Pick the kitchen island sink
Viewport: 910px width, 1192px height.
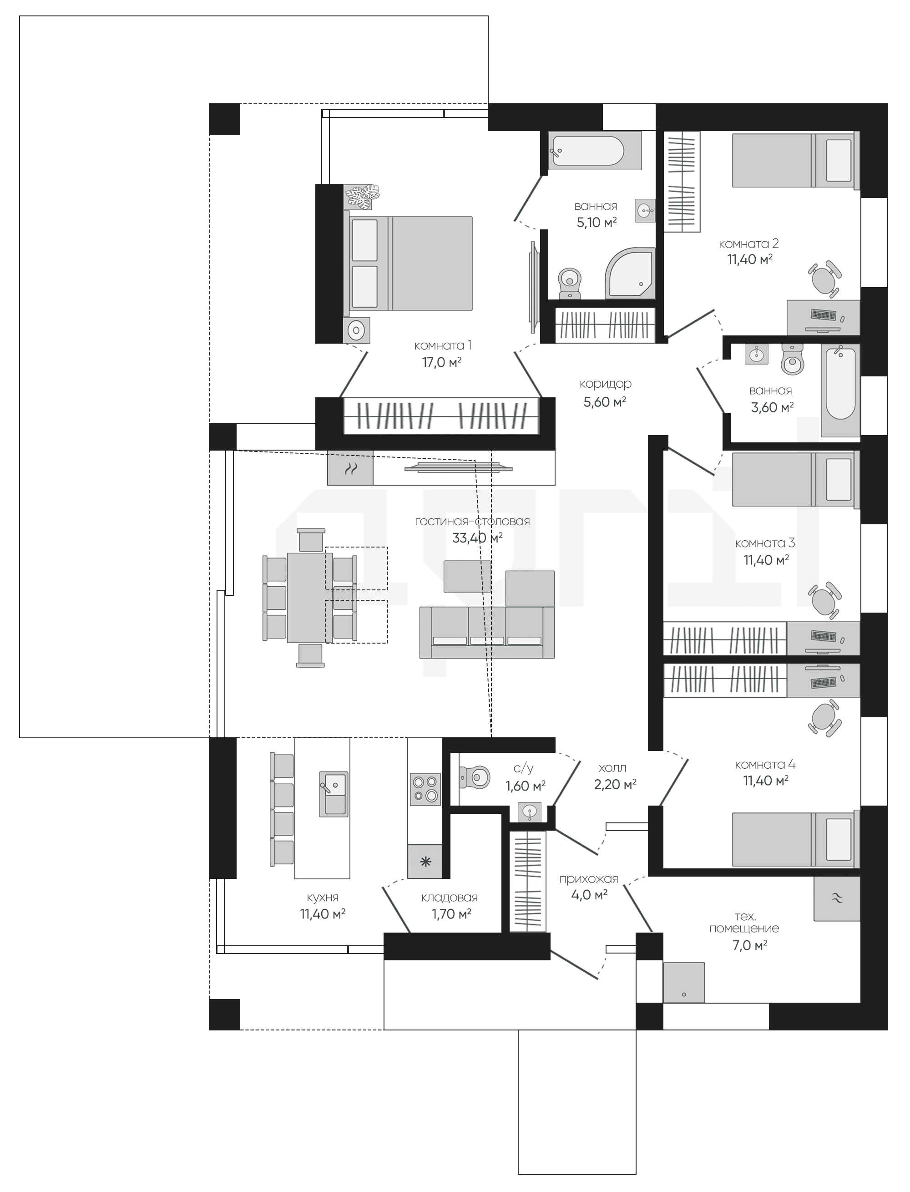[333, 794]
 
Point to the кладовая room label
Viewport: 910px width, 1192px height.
[450, 898]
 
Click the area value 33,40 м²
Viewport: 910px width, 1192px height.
[477, 538]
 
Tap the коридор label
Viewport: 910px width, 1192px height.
[605, 384]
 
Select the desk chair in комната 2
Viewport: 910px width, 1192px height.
[825, 279]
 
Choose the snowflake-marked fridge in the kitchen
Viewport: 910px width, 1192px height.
[425, 862]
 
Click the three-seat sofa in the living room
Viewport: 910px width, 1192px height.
[487, 632]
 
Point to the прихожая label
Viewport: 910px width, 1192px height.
[589, 879]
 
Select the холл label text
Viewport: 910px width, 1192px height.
[612, 768]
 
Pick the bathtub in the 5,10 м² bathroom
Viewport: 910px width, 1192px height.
[595, 151]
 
